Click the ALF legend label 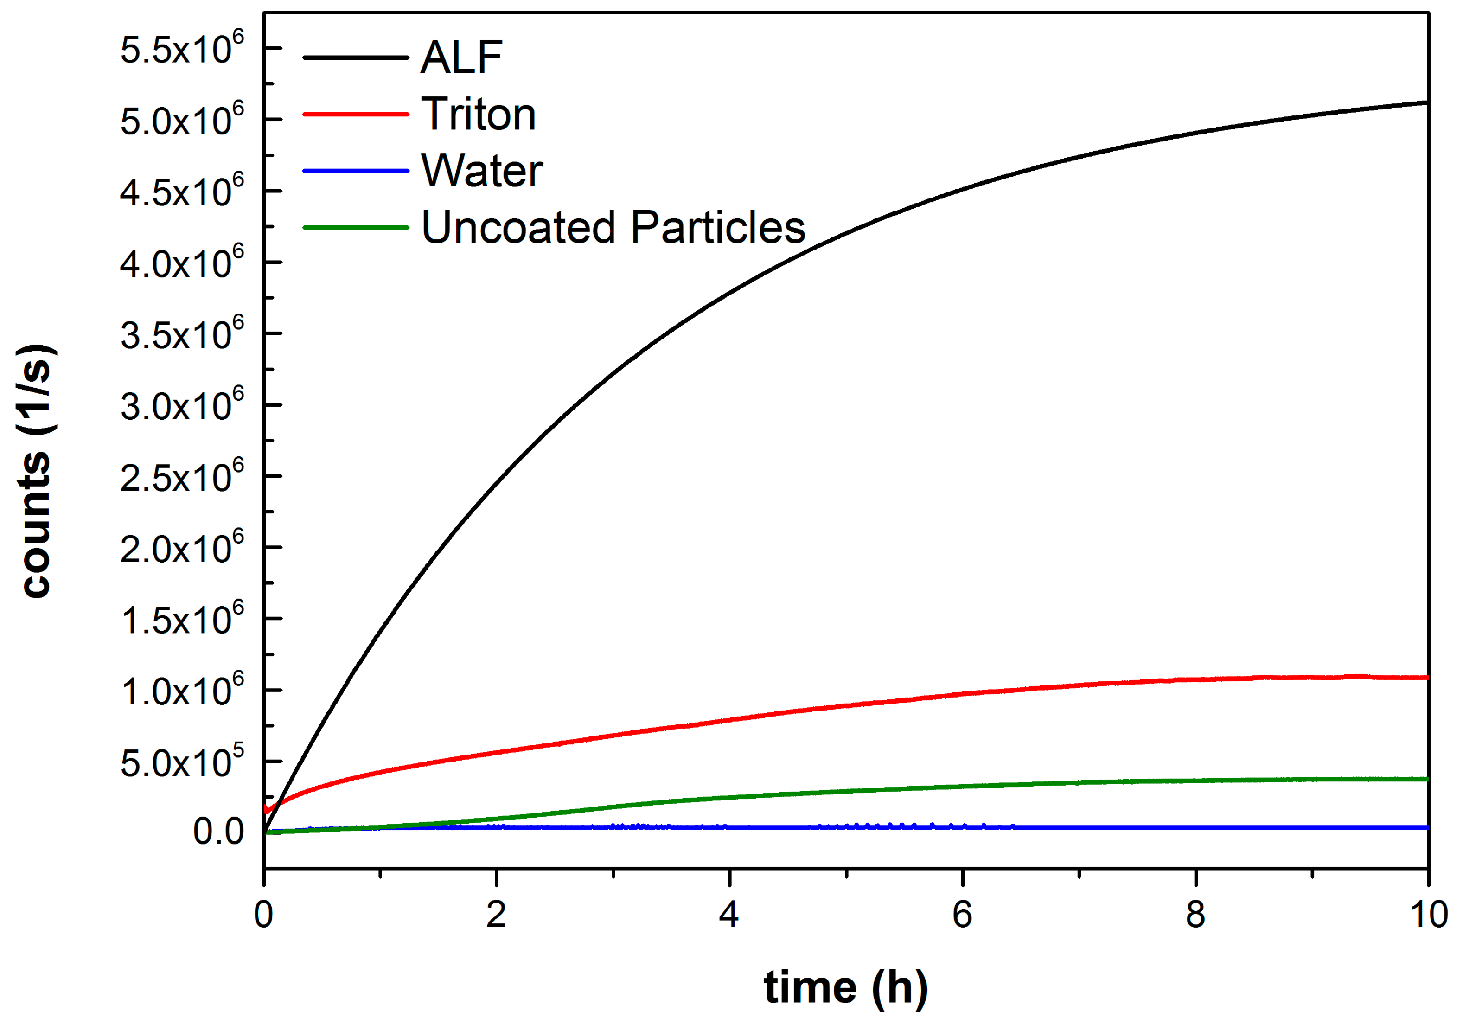461,58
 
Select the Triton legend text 479,114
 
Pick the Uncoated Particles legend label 613,228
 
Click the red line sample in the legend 356,114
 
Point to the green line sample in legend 356,228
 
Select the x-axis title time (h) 845,987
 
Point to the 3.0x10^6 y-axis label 182,405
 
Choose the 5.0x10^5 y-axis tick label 182,761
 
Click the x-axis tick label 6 962,915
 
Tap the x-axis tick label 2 496,915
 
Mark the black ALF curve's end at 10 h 1426,102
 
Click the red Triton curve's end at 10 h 1426,678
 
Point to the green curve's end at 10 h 1426,779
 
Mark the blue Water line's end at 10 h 1426,827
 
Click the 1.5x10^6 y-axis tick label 182,619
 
